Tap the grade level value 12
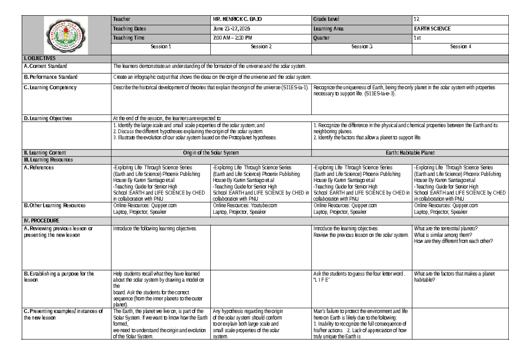pyautogui.click(x=417, y=20)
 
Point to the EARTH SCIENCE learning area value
pyautogui.click(x=432, y=29)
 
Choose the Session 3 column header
pyautogui.click(x=361, y=47)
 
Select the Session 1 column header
pyautogui.click(x=161, y=47)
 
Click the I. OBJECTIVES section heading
pyautogui.click(x=40, y=58)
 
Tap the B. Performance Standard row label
pyautogui.click(x=51, y=77)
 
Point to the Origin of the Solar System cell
pyautogui.click(x=211, y=153)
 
